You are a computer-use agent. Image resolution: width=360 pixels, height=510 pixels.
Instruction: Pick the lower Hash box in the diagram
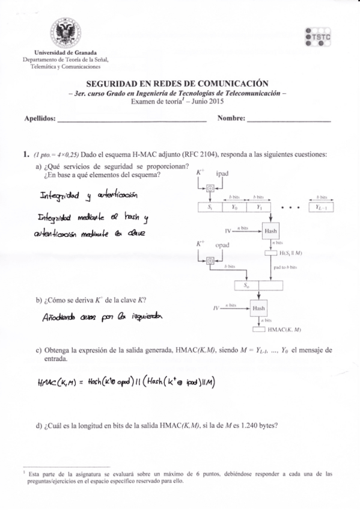[x=259, y=308]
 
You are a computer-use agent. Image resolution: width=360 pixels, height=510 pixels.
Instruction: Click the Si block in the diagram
[x=209, y=206]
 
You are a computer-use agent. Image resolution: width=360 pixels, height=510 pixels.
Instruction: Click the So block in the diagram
[x=246, y=285]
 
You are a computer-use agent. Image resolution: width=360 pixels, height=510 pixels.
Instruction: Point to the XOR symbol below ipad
[x=209, y=188]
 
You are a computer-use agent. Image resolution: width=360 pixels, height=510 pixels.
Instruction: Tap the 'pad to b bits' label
[x=285, y=266]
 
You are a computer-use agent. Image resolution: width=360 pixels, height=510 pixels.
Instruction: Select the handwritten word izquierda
[x=144, y=318]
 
